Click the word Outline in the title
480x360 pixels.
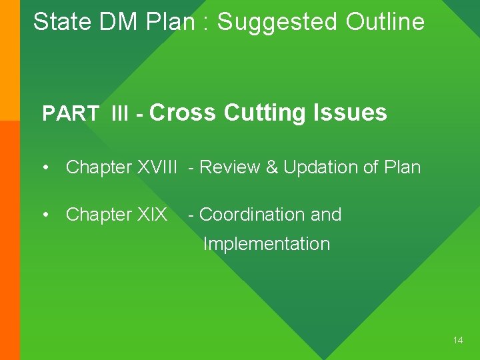tap(385, 22)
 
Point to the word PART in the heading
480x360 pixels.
tap(71, 114)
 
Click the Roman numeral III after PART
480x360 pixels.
tap(121, 114)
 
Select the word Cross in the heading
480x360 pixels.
tap(183, 113)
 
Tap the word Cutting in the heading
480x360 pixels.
tap(265, 113)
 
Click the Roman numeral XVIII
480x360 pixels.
tap(157, 167)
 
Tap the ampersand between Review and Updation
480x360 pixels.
tap(272, 167)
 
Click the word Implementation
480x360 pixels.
tap(266, 244)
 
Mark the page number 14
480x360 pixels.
tap(457, 340)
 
